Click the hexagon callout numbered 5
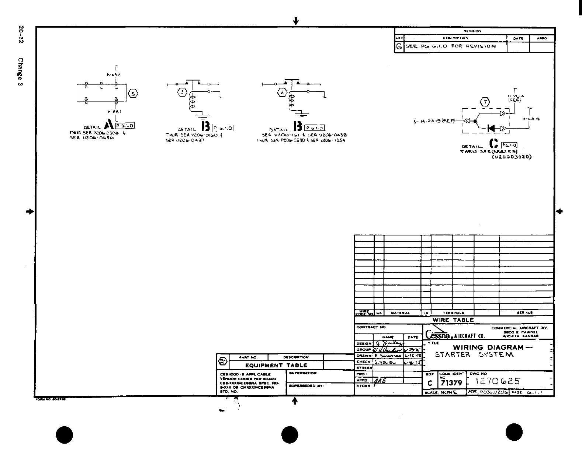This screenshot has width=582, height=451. [133, 94]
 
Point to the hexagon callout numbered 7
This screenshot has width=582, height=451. [486, 102]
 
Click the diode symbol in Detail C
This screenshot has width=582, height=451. [491, 128]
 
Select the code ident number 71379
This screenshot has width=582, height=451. [451, 383]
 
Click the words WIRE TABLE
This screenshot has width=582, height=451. [453, 320]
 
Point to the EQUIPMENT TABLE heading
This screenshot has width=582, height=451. [276, 365]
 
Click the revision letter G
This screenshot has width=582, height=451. [399, 47]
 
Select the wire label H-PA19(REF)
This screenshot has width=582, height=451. [437, 120]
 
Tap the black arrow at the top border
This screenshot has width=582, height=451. [295, 21]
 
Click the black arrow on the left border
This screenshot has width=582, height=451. [30, 211]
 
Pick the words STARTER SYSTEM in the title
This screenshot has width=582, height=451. [474, 354]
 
